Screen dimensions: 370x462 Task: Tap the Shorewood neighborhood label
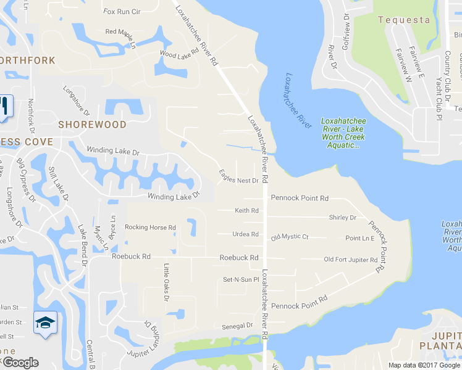92,125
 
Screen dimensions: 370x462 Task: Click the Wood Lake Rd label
178,54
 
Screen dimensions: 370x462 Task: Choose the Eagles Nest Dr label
238,176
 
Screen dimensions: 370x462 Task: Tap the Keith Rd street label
246,211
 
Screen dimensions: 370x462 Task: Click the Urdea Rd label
245,234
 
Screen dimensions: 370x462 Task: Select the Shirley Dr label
343,218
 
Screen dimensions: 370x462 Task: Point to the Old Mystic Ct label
289,237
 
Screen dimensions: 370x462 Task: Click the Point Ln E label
360,238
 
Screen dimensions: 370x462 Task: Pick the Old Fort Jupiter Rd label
351,260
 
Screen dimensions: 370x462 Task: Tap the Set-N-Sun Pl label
241,280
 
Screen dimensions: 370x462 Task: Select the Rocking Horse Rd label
150,228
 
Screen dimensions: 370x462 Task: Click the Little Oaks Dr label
166,282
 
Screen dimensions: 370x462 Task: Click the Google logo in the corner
20,363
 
